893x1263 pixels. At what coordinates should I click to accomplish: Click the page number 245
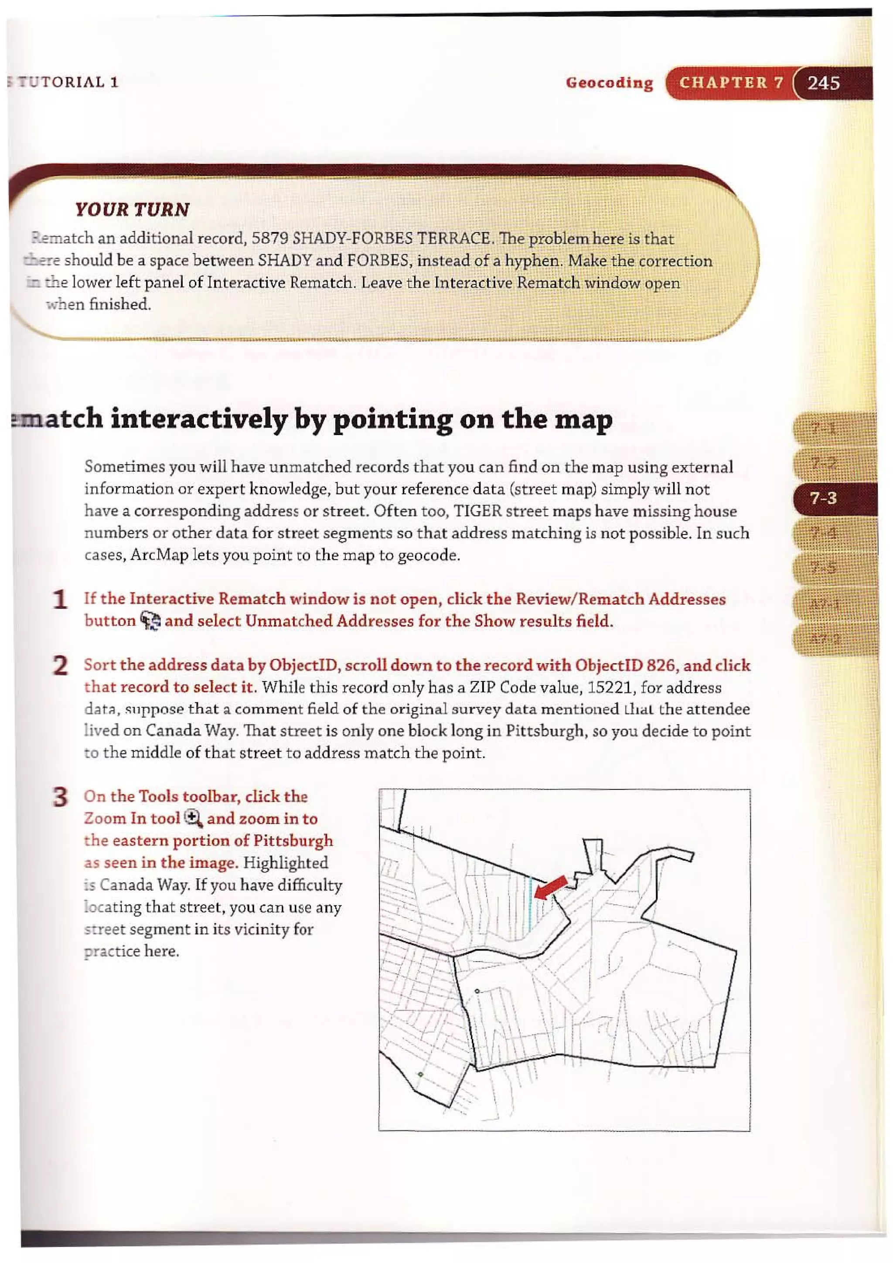tap(823, 83)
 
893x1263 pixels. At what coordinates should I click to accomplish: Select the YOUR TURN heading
tap(132, 210)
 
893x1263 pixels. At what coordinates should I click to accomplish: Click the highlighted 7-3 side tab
tap(823, 498)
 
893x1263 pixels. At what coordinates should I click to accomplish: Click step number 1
tap(60, 599)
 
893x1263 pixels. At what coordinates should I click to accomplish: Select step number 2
tap(60, 666)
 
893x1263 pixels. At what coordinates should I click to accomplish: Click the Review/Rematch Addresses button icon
tap(150, 622)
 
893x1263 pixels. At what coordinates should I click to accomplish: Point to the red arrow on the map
tap(551, 887)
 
